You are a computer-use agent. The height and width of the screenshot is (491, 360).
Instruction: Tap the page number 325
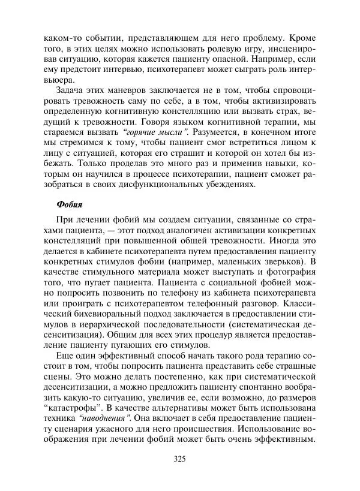(x=179, y=459)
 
